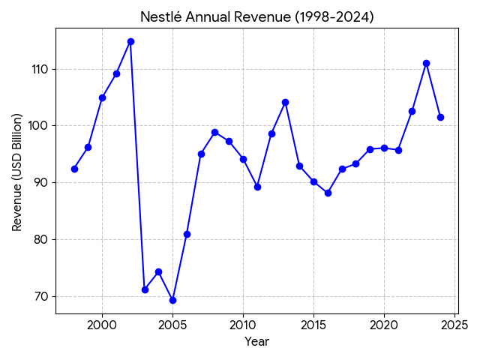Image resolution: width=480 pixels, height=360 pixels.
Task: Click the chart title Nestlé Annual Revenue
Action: pos(256,16)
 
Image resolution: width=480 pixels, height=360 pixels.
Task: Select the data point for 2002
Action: pos(130,41)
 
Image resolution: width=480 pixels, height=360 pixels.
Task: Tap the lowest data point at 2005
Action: pos(172,300)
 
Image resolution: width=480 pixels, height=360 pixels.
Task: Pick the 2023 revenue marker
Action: pos(426,63)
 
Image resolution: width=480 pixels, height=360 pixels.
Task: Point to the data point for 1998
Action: pos(74,169)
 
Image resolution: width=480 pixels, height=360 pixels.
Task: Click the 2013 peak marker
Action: pos(285,102)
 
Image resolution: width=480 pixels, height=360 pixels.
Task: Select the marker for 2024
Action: pos(440,117)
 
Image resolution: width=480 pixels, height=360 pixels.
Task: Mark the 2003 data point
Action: pos(145,289)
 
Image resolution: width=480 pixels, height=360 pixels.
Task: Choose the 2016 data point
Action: pos(328,193)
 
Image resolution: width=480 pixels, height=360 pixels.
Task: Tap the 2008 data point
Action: pos(214,132)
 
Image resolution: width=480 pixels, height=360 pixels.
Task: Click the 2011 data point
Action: pos(257,187)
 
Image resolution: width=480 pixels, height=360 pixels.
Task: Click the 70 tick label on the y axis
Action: pos(41,296)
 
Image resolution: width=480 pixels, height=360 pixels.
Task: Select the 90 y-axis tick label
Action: pos(41,182)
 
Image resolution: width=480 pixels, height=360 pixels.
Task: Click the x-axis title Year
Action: pos(256,342)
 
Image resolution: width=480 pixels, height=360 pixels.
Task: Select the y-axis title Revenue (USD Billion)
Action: pos(17,172)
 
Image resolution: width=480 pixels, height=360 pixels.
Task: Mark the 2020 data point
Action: pos(384,148)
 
